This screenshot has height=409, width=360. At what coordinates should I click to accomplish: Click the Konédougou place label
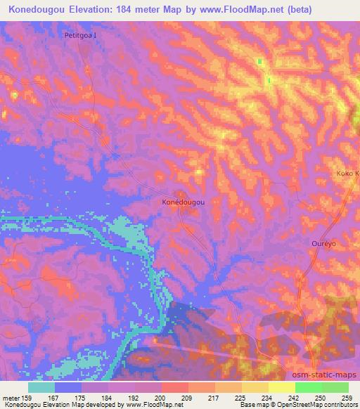(x=183, y=202)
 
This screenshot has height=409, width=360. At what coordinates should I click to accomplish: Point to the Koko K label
(x=347, y=173)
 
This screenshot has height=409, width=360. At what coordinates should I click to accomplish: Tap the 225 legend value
(x=240, y=397)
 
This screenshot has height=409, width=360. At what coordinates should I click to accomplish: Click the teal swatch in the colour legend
(x=41, y=387)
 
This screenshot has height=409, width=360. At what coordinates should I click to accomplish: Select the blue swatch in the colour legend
(x=69, y=387)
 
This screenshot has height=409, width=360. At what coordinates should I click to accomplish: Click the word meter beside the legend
(x=11, y=397)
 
